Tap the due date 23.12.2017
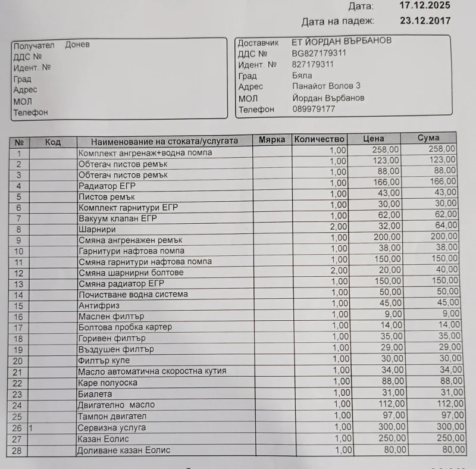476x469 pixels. tap(425, 21)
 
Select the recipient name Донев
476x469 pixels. tap(77, 45)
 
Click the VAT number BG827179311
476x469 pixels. tap(319, 54)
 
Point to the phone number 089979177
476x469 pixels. tap(314, 109)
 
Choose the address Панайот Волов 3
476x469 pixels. tap(326, 86)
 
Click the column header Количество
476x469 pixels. tap(320, 139)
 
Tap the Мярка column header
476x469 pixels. tap(272, 140)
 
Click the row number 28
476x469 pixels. tap(17, 451)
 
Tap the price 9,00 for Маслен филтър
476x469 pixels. tap(393, 314)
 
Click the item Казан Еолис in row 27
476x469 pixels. tap(103, 439)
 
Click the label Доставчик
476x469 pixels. tap(258, 43)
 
